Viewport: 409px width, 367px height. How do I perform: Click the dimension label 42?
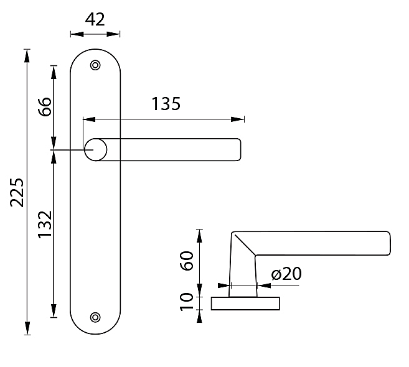click(x=95, y=19)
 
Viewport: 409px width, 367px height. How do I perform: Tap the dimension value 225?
click(x=17, y=192)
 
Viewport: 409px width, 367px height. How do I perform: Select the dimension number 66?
click(x=45, y=106)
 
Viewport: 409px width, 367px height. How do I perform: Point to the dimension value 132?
click(x=45, y=225)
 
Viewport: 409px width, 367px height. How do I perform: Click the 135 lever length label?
click(x=166, y=104)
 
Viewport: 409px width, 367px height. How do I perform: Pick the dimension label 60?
click(x=187, y=261)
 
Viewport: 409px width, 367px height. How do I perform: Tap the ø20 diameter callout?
click(x=286, y=274)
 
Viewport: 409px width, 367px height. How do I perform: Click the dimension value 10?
click(x=187, y=302)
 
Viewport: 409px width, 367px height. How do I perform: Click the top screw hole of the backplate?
click(x=95, y=65)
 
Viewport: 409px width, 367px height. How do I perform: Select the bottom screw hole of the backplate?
click(x=95, y=317)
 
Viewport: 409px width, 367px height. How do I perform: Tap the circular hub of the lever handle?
click(x=95, y=150)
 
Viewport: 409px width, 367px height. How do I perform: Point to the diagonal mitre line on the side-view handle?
click(x=245, y=245)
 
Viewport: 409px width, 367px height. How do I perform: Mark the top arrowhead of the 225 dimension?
click(x=27, y=56)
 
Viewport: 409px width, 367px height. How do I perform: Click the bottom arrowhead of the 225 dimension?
click(x=27, y=328)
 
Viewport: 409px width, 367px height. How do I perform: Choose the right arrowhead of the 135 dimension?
click(x=238, y=119)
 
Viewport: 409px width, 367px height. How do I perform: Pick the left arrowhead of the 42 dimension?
click(x=77, y=34)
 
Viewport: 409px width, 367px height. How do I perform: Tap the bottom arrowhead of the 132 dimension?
click(x=54, y=310)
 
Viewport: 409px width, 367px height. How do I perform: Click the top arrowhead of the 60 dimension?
click(x=199, y=236)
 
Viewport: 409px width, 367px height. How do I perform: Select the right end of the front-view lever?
click(x=240, y=150)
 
